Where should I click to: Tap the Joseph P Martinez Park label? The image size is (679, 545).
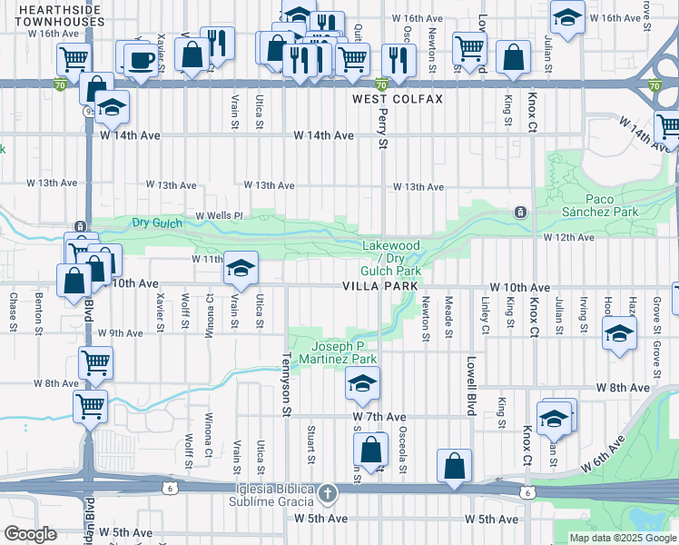click(338, 352)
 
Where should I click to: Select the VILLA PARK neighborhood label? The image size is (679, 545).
click(379, 285)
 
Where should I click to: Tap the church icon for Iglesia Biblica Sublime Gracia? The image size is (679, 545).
click(328, 493)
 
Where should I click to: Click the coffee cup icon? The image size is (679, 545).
click(139, 60)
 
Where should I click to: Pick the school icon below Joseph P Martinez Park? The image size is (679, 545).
click(361, 384)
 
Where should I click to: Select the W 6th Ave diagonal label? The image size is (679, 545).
click(604, 451)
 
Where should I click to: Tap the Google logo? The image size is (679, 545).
click(30, 534)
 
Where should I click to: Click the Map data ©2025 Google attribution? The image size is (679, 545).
click(622, 538)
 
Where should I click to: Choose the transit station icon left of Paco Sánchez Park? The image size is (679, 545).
click(520, 213)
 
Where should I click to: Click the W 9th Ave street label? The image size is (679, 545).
click(122, 333)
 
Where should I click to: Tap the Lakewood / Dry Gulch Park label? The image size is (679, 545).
click(391, 258)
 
